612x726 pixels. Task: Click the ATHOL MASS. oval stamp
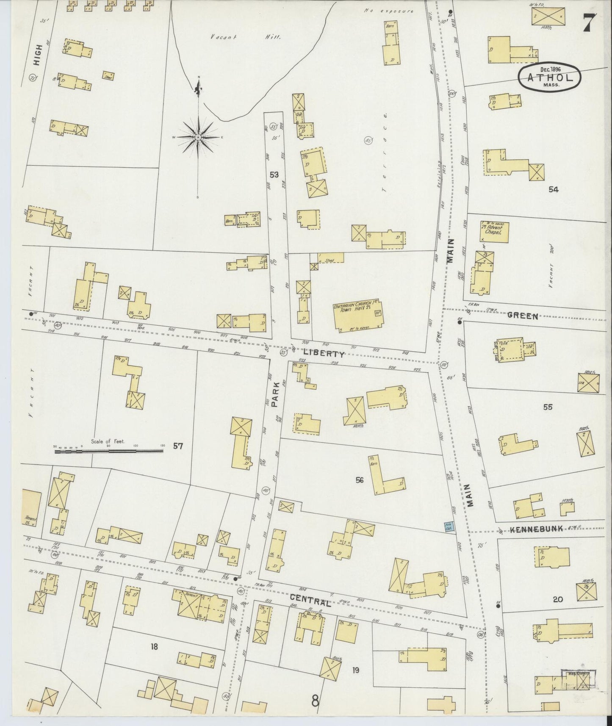click(x=550, y=77)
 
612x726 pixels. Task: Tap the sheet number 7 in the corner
click(x=589, y=23)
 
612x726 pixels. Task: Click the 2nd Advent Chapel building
click(x=491, y=229)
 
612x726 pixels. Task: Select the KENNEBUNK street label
click(x=537, y=529)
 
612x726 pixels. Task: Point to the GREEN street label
click(x=522, y=316)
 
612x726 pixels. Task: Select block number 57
click(x=178, y=446)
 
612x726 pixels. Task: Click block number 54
click(x=553, y=189)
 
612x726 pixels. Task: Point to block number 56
click(x=360, y=480)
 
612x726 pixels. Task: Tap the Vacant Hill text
click(x=246, y=37)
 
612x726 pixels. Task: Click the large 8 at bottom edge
click(x=315, y=701)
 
